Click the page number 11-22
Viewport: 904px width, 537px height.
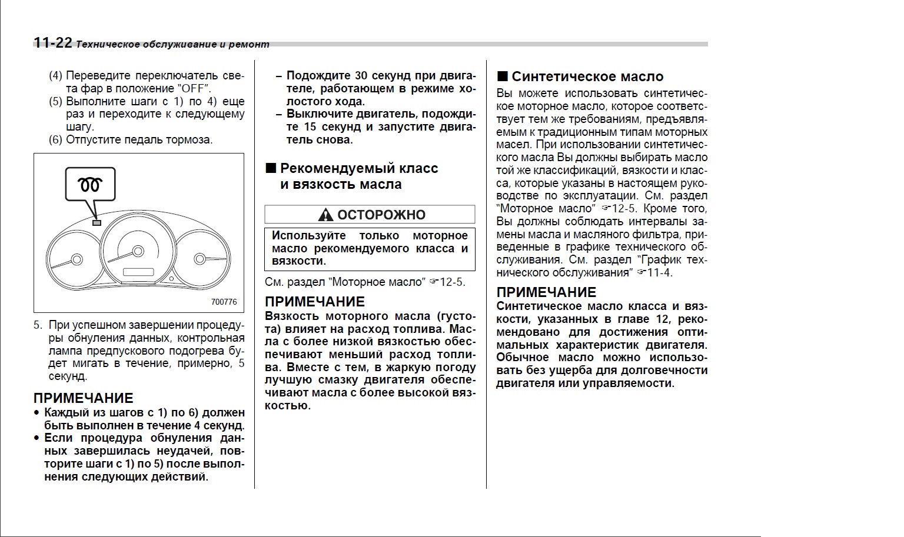(x=52, y=43)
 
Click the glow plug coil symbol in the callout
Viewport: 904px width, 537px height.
(x=90, y=184)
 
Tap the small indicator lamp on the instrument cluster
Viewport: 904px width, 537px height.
(x=97, y=223)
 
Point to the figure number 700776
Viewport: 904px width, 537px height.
(x=224, y=302)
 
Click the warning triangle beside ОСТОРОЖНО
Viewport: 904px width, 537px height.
(x=325, y=215)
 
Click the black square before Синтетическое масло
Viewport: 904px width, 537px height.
(x=502, y=76)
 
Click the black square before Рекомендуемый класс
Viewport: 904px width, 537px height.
(x=271, y=168)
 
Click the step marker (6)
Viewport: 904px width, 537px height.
(x=55, y=140)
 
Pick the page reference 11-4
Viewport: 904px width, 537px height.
(x=659, y=273)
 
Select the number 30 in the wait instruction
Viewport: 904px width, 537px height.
(x=361, y=76)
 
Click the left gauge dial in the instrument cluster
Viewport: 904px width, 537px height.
(x=75, y=259)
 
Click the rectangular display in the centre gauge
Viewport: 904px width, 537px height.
(x=138, y=272)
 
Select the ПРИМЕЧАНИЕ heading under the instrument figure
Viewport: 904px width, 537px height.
(x=83, y=398)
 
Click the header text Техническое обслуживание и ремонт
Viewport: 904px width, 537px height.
(x=173, y=44)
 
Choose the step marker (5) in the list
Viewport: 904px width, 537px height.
(x=55, y=102)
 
